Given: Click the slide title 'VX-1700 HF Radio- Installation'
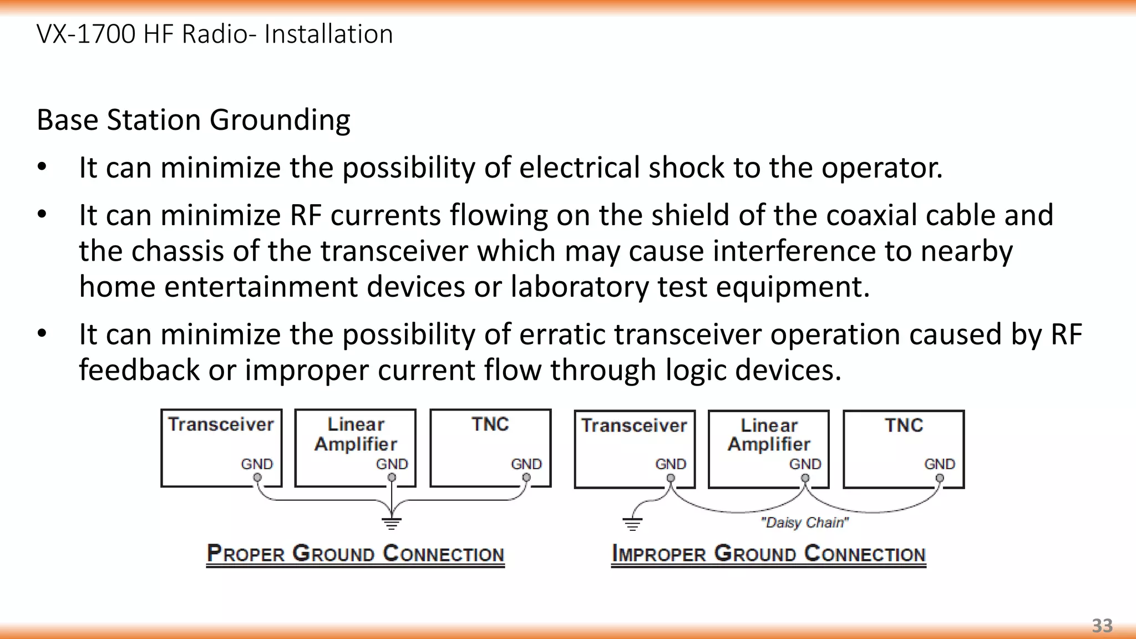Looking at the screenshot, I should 215,34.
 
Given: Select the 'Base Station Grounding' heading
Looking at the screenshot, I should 194,120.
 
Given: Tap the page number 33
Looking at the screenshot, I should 1102,626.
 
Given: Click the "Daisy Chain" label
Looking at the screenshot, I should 805,523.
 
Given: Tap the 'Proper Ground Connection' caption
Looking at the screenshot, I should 356,554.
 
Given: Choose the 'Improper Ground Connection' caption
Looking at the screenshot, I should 769,554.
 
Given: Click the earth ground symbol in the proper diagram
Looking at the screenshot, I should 392,523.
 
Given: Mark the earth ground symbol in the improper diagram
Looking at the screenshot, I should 632,523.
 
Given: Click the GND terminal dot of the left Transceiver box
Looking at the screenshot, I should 257,478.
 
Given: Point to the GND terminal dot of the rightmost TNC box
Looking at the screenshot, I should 940,478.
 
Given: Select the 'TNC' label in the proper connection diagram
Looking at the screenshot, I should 490,424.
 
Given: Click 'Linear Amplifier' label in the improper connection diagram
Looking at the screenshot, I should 769,435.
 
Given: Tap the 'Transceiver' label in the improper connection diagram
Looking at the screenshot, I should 634,425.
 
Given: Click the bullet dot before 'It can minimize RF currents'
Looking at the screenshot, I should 42,215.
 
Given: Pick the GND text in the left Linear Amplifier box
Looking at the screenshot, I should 392,464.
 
